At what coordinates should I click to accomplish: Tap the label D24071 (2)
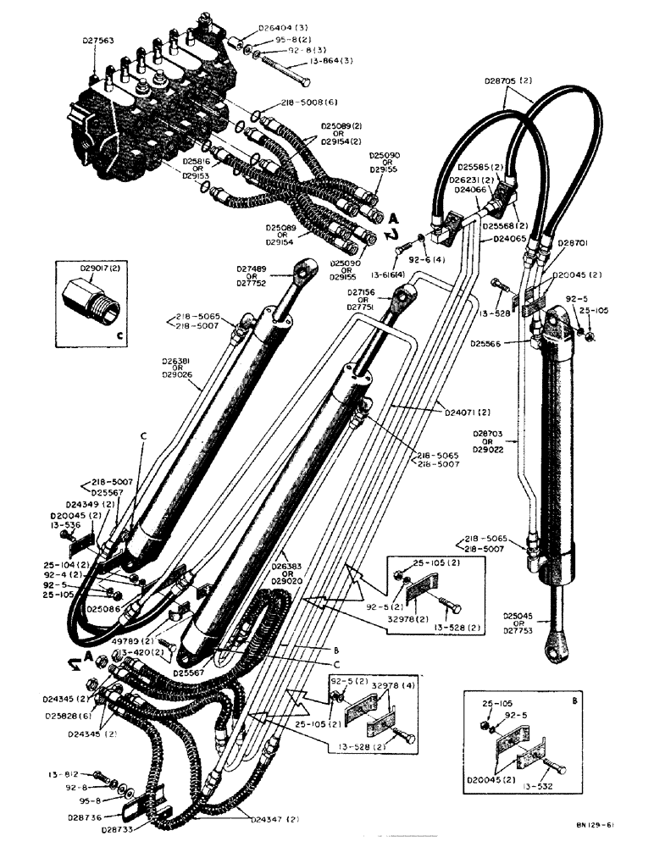click(468, 412)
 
